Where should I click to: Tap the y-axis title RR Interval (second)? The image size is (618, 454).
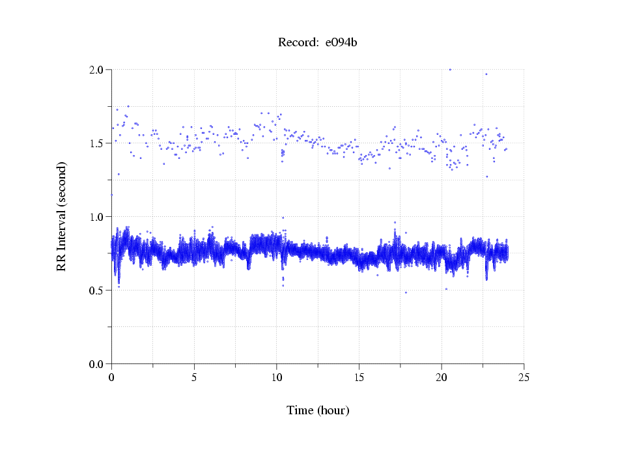pyautogui.click(x=61, y=216)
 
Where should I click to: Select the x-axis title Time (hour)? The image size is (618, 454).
pyautogui.click(x=318, y=410)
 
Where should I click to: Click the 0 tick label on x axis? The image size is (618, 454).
pyautogui.click(x=111, y=376)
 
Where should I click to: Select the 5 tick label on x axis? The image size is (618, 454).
pyautogui.click(x=194, y=376)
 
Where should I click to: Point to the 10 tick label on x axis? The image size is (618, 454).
pyautogui.click(x=276, y=376)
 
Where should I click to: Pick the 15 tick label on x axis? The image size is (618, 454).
pyautogui.click(x=359, y=376)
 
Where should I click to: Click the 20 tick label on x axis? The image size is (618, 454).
pyautogui.click(x=442, y=376)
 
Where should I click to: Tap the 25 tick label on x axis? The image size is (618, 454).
pyautogui.click(x=524, y=376)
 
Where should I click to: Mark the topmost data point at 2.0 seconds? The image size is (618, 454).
pyautogui.click(x=450, y=69)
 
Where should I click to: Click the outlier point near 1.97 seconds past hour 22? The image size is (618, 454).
pyautogui.click(x=486, y=74)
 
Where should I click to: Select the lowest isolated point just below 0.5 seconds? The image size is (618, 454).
pyautogui.click(x=406, y=292)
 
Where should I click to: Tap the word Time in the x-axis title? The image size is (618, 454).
pyautogui.click(x=300, y=410)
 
